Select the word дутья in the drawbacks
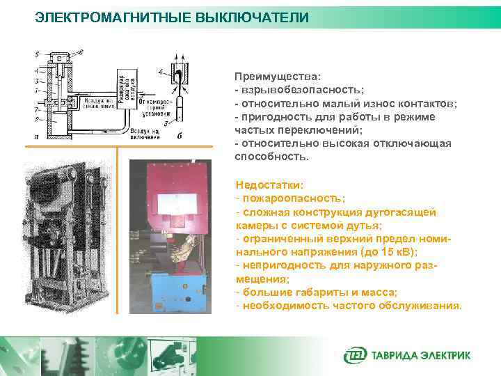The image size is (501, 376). (364, 225)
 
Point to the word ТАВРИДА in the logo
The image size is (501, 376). (392, 355)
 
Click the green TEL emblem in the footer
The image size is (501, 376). (353, 355)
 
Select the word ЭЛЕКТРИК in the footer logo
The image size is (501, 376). (445, 355)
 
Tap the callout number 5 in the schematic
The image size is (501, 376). (38, 53)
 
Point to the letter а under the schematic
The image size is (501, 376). (35, 137)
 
